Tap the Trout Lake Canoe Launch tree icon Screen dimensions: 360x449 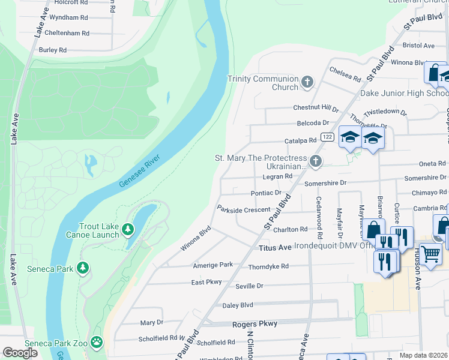click(x=127, y=229)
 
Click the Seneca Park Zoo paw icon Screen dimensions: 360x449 click(x=97, y=341)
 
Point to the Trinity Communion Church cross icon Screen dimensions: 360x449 click(x=307, y=82)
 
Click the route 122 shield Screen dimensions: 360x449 click(x=327, y=137)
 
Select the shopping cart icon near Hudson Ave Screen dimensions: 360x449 click(x=430, y=253)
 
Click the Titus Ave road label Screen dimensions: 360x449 click(x=274, y=248)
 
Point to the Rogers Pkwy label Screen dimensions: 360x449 click(x=255, y=324)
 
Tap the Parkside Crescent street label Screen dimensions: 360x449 click(x=244, y=209)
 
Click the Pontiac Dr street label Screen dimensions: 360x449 click(x=265, y=193)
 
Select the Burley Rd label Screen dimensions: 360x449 click(x=52, y=50)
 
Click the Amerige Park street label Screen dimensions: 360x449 click(x=212, y=265)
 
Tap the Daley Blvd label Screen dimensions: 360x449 click(x=238, y=305)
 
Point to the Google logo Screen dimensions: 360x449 click(x=20, y=353)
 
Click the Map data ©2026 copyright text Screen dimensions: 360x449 click(x=424, y=355)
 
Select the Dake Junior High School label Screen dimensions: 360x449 click(x=403, y=93)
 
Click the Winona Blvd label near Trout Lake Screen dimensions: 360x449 click(x=196, y=238)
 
